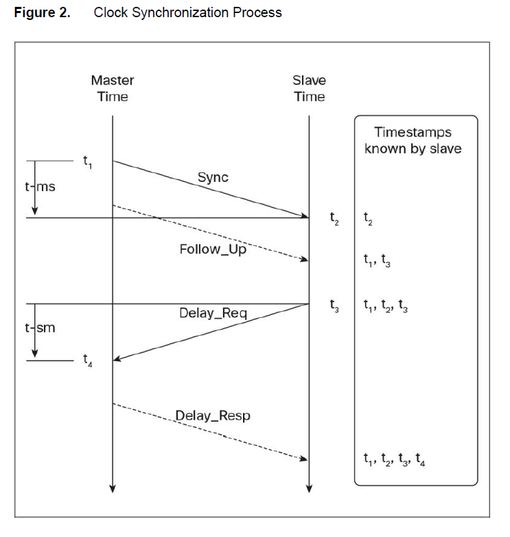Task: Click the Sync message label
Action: (213, 177)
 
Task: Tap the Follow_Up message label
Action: (213, 249)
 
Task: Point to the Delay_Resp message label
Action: (213, 415)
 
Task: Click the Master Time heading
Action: (113, 89)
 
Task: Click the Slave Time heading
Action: (310, 89)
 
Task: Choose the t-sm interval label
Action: (40, 328)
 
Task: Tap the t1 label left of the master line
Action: (87, 163)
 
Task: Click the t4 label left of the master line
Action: (87, 359)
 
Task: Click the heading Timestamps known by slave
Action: (413, 140)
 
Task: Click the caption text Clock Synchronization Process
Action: (187, 12)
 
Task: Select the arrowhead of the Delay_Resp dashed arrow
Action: (303, 459)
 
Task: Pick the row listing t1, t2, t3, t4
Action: (395, 459)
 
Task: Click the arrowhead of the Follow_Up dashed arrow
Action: (303, 260)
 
